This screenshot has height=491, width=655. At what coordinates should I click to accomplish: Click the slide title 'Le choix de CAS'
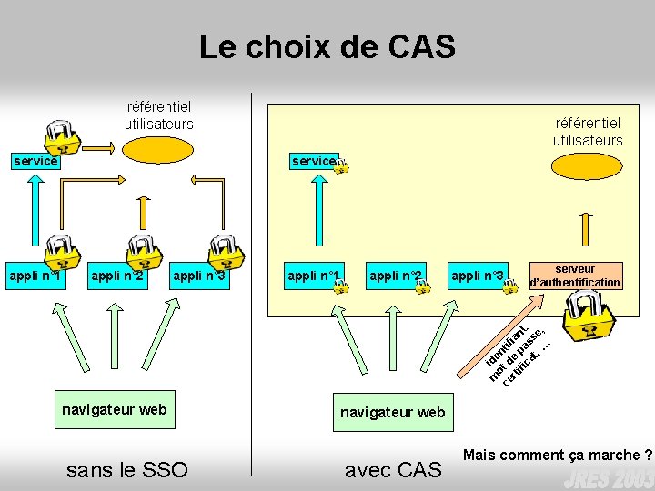[327, 46]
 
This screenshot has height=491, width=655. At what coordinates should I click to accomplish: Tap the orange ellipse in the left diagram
[158, 149]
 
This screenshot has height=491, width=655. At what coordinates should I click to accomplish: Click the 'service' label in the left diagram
[35, 161]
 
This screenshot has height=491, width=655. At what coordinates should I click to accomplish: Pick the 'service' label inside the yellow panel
[313, 161]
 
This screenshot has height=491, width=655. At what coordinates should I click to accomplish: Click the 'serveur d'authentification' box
[576, 276]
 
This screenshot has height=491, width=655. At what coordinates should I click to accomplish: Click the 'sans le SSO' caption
[127, 469]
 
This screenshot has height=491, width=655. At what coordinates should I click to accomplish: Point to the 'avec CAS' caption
[393, 469]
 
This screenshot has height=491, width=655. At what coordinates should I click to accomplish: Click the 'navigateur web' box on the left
[115, 409]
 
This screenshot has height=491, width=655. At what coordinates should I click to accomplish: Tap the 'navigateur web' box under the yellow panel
[392, 412]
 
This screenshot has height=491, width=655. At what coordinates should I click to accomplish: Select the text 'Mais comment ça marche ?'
[558, 454]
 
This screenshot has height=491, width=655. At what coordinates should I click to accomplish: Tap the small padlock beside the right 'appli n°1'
[340, 286]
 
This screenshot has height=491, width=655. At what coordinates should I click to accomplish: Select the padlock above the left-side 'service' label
[62, 135]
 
